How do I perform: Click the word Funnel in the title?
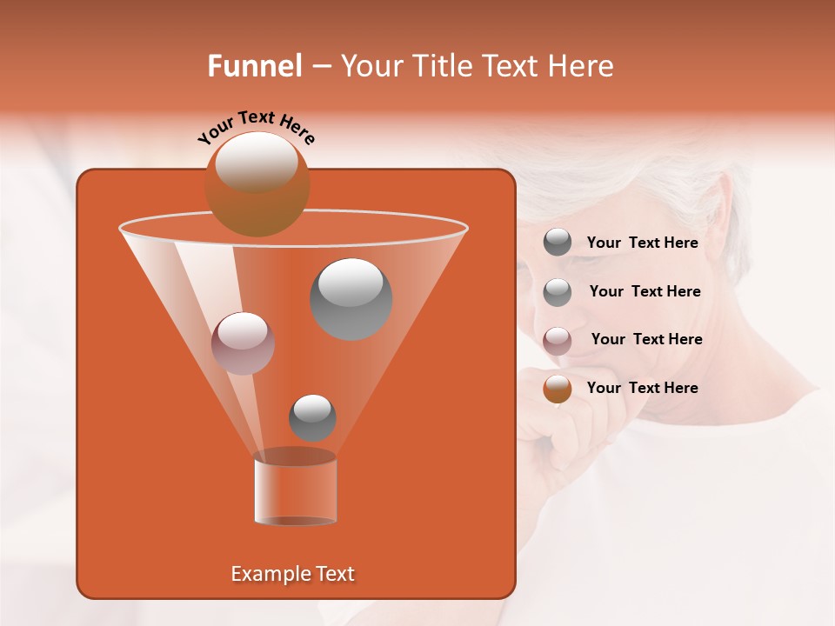(254, 66)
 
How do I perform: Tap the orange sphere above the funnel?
(257, 183)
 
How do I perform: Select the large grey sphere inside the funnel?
(351, 298)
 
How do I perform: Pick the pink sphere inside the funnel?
(243, 343)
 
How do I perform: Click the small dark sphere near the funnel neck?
(312, 417)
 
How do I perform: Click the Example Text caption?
(292, 574)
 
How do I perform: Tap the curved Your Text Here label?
(257, 127)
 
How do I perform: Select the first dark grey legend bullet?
(558, 243)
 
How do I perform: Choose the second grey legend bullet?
(558, 291)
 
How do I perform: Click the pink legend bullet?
(558, 340)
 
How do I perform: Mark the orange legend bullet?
(558, 388)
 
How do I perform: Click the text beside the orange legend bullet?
(642, 388)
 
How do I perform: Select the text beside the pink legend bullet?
(646, 339)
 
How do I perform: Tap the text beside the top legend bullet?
(642, 243)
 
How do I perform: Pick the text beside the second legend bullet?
(645, 291)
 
